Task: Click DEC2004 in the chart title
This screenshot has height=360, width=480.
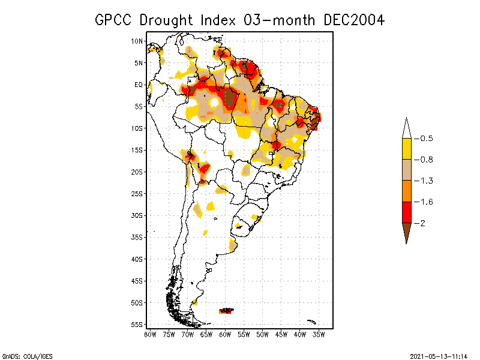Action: tap(353, 20)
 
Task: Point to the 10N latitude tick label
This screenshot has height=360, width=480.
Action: tap(137, 41)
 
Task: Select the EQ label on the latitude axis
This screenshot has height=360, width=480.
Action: tap(139, 85)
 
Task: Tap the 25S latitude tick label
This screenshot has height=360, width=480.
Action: tap(137, 193)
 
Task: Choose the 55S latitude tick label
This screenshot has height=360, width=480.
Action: tap(137, 324)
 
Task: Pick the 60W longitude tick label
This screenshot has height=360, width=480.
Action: tap(225, 334)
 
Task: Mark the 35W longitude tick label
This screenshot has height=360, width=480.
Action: tap(319, 334)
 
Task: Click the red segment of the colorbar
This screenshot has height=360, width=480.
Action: tap(407, 212)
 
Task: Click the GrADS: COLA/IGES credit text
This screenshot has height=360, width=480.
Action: tap(26, 356)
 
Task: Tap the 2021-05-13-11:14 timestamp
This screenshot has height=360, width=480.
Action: tap(437, 356)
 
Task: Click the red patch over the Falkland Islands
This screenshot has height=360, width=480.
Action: tap(226, 310)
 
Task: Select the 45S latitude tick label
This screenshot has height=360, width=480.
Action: tap(137, 280)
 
